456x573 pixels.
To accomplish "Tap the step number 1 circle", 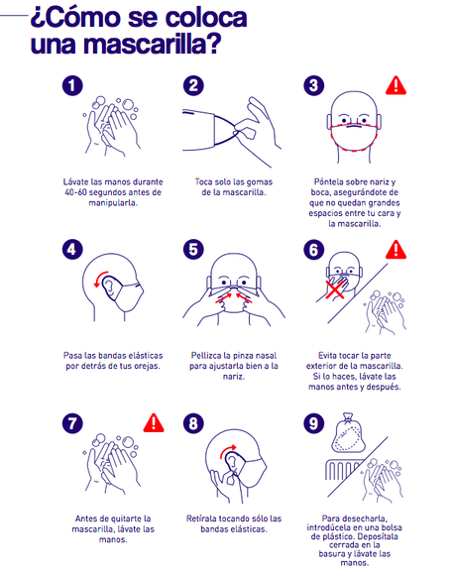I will pos(71,87).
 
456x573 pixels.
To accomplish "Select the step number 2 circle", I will pos(194,87).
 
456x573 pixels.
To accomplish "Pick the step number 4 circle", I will pos(71,251).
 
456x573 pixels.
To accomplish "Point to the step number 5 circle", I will pos(194,251).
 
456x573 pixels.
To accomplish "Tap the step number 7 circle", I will pos(71,423).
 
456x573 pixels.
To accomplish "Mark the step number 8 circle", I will pos(194,423).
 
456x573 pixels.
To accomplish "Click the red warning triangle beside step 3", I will pos(397,86).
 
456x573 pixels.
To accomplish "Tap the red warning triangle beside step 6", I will pos(397,250).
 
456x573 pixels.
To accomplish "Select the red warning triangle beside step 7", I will pos(154,423).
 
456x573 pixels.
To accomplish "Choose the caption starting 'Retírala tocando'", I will pos(233,523).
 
